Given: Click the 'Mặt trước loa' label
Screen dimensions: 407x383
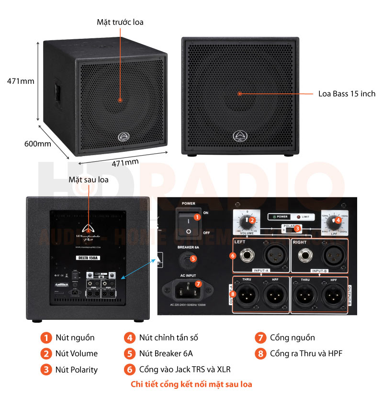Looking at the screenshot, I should tap(120, 22).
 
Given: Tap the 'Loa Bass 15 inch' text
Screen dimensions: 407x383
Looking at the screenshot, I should tap(347, 94).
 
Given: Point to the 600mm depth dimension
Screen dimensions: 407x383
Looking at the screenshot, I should tap(37, 144).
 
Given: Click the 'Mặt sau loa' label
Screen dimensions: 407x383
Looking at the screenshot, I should tap(88, 180).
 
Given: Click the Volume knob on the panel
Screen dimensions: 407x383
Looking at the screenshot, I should tap(247, 221).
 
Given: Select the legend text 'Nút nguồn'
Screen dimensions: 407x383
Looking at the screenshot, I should tap(75, 338).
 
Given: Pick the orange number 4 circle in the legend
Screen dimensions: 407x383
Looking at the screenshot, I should tap(130, 338).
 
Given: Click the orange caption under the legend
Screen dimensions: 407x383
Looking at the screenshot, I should tap(191, 384).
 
